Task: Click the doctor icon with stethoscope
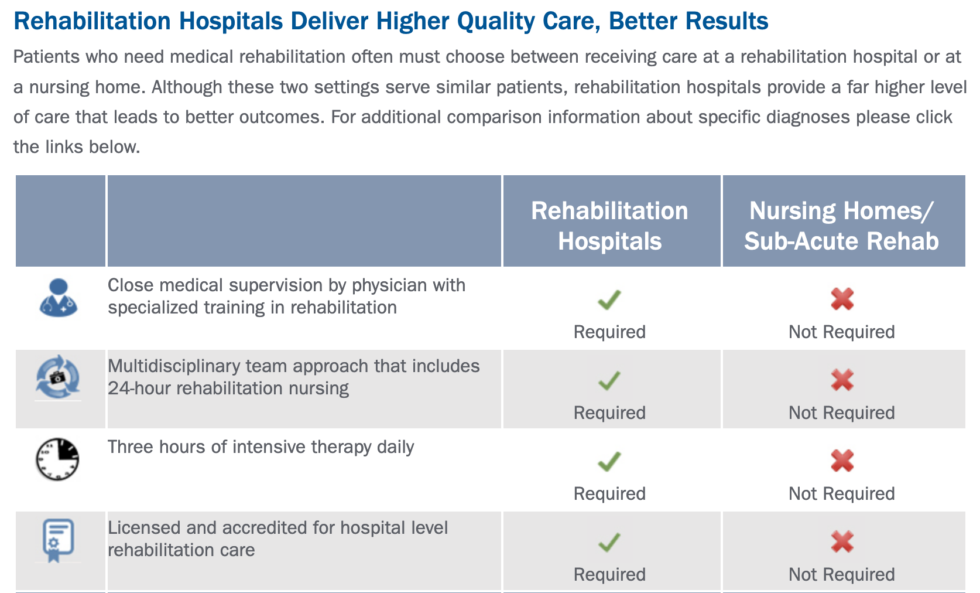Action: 58,298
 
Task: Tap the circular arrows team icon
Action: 58,377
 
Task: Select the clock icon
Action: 57,459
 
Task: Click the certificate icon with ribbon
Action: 58,540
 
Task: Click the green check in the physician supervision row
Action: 609,299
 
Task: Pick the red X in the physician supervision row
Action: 842,299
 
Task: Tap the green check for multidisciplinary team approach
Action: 609,381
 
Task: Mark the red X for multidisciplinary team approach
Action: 842,380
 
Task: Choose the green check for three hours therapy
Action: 609,461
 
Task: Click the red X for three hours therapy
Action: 842,461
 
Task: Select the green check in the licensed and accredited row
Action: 609,542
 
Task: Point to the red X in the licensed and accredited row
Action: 842,542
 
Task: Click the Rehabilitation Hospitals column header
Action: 610,226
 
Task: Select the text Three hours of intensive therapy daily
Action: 261,447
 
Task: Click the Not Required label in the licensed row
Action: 842,574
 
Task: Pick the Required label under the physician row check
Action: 609,332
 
